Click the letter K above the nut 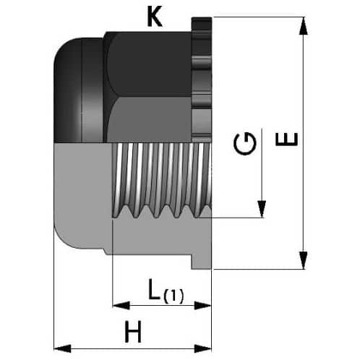155,17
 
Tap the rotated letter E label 286,140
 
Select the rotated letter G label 244,143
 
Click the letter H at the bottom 133,332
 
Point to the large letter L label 155,288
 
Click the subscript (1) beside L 173,296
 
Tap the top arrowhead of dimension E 304,26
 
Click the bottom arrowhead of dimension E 304,260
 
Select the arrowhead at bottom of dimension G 262,209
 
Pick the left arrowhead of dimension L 121,305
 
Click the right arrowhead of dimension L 202,306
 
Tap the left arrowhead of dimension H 62,348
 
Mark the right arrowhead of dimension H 202,348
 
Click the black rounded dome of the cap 78,90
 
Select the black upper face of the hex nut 150,64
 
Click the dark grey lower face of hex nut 150,120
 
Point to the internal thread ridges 162,181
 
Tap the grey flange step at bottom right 202,262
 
